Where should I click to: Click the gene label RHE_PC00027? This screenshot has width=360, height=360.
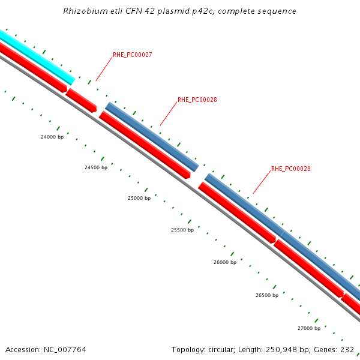click(x=132, y=55)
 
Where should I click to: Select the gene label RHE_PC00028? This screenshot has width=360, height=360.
click(x=197, y=100)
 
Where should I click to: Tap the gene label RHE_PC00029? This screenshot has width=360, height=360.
click(x=290, y=169)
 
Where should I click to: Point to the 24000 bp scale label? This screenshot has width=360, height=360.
click(x=52, y=137)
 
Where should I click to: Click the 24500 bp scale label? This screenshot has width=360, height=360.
click(x=96, y=167)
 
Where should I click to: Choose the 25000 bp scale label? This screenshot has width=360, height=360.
click(x=139, y=198)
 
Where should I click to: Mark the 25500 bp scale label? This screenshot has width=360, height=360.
click(x=182, y=230)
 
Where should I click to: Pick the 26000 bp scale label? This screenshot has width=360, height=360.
click(x=225, y=262)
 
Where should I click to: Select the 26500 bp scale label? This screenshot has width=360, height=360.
click(x=267, y=295)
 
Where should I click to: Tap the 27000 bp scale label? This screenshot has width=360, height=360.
click(x=309, y=328)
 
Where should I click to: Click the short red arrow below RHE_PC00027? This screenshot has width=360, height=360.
click(x=81, y=100)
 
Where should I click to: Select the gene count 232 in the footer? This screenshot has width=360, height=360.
click(x=347, y=349)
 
